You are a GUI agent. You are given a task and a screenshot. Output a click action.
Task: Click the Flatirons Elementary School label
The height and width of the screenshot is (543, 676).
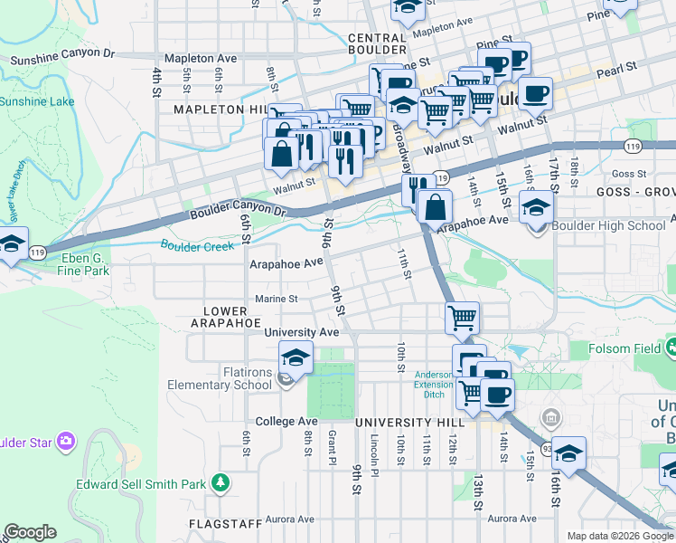pos(220,378)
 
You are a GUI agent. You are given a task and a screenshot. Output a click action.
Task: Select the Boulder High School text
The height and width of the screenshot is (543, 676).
pos(596,226)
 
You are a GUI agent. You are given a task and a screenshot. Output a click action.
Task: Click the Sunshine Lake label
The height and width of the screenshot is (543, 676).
pos(36,101)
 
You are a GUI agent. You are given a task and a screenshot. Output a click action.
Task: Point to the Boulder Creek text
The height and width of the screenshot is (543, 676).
pos(197,244)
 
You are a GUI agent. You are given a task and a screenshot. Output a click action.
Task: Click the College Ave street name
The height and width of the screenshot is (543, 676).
pos(286,422)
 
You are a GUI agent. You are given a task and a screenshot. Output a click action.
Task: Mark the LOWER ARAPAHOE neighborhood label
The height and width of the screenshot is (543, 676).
pos(226,317)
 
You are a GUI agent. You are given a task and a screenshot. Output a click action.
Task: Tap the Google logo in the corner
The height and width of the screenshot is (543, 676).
pos(30,532)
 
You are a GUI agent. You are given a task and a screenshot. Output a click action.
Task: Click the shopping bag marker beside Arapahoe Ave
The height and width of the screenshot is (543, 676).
pos(436,206)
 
